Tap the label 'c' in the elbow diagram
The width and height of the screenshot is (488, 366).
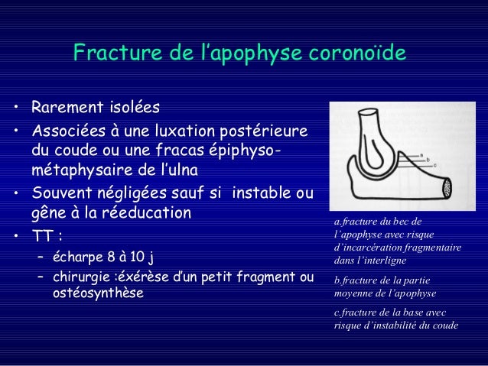point(434,164)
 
